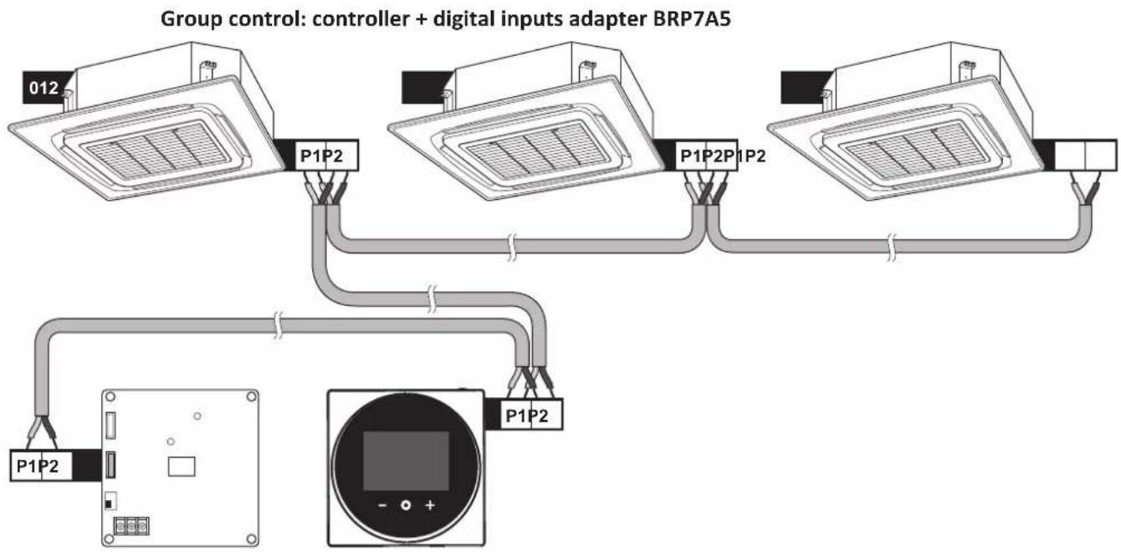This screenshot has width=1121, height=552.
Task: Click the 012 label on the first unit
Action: [44, 88]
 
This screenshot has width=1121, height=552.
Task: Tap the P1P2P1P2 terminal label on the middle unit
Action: [723, 156]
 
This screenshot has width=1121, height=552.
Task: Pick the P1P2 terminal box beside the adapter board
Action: [41, 466]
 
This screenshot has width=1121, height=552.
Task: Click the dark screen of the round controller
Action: [406, 461]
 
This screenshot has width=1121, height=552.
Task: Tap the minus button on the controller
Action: [383, 505]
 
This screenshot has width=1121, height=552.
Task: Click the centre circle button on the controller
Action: [406, 505]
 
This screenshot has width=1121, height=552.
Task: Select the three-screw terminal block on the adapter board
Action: [131, 526]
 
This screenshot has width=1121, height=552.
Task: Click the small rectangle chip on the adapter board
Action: [182, 467]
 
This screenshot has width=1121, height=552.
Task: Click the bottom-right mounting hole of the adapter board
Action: [252, 539]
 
